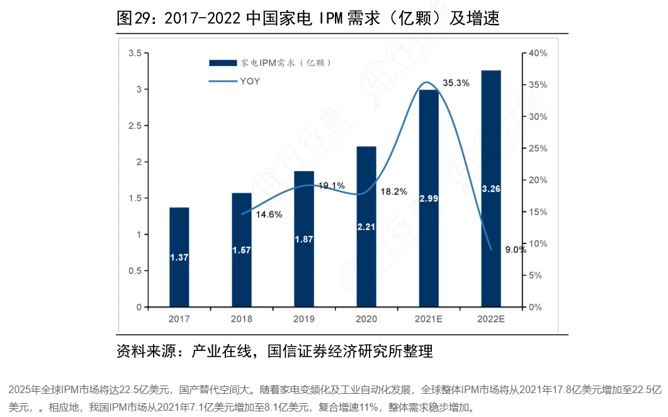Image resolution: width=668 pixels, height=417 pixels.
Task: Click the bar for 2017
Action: pyautogui.click(x=179, y=257)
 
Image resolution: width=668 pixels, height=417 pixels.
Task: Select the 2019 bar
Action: pyautogui.click(x=304, y=239)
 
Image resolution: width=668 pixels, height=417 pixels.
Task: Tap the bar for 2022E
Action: pyautogui.click(x=491, y=189)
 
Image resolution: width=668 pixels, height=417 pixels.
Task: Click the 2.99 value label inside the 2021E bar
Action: pyautogui.click(x=429, y=198)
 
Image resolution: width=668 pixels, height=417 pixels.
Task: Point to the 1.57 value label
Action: pyautogui.click(x=242, y=250)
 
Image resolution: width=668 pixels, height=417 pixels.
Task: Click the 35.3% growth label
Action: pyautogui.click(x=456, y=82)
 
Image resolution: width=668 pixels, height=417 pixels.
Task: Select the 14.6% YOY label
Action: pyautogui.click(x=269, y=214)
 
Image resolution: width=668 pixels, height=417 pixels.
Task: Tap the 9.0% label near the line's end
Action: pyautogui.click(x=515, y=250)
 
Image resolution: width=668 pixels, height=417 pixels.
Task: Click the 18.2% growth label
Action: pyautogui.click(x=394, y=191)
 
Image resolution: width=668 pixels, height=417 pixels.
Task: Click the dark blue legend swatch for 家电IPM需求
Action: pyautogui.click(x=223, y=63)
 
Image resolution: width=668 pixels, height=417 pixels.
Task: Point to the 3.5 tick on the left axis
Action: pyautogui.click(x=134, y=53)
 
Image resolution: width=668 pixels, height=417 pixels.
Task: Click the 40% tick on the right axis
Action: pyautogui.click(x=538, y=53)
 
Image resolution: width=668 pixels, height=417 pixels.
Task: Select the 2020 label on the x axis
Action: pyautogui.click(x=366, y=319)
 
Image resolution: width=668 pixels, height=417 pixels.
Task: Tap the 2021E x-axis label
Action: pyautogui.click(x=429, y=319)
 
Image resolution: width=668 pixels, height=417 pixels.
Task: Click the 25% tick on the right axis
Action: pyautogui.click(x=538, y=148)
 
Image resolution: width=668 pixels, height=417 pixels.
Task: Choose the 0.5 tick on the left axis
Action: pyautogui.click(x=134, y=271)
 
